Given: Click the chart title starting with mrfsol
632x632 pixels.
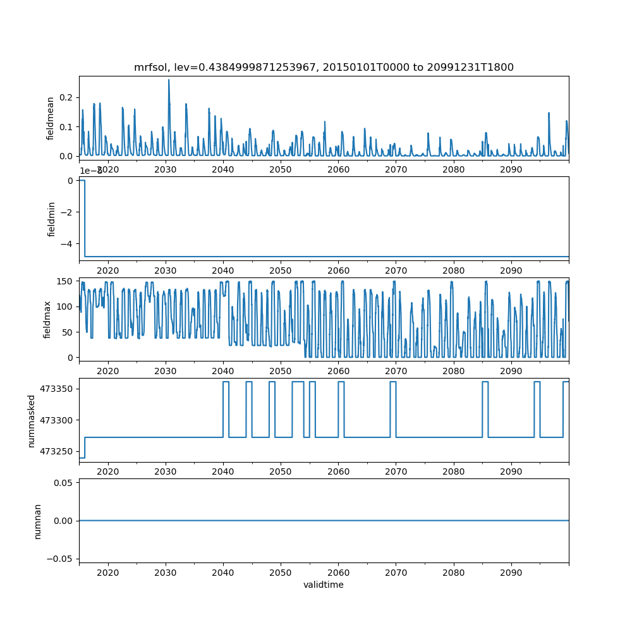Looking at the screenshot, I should (324, 67).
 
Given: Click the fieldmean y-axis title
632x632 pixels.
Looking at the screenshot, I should (50, 118).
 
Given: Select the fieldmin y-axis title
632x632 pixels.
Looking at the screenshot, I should (52, 219).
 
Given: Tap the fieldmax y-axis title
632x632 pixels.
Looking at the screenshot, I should (47, 319).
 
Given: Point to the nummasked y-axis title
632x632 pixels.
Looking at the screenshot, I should (31, 421).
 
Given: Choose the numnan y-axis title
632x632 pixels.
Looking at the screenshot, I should (37, 521).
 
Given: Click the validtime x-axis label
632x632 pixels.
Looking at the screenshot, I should (324, 585).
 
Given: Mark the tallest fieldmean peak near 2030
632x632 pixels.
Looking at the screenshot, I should (169, 80).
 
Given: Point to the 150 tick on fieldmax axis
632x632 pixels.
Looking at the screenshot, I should (65, 281).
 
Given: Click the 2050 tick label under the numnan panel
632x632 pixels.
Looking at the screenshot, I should (281, 571).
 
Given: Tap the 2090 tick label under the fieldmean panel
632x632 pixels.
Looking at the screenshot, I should (511, 169).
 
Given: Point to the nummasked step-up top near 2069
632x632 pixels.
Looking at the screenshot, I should (392, 382).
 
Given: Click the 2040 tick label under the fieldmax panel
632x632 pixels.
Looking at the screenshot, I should (223, 370).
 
